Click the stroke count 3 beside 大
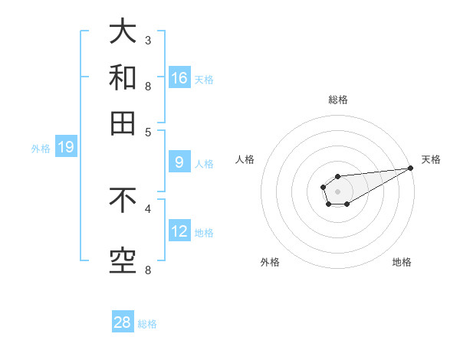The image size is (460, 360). (148, 40)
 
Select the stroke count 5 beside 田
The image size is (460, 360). (148, 131)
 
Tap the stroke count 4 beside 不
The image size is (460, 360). (148, 208)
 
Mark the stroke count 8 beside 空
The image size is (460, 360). (148, 270)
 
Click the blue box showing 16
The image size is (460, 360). (179, 77)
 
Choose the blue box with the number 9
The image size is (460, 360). (179, 162)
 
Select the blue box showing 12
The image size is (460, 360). (179, 231)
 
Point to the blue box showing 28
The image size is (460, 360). (123, 322)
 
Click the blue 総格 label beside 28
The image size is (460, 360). (147, 324)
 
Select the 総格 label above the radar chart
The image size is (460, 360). (337, 100)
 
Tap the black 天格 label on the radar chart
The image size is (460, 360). (431, 159)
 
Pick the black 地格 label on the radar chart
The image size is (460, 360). (402, 263)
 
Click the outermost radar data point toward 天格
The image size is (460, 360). (410, 168)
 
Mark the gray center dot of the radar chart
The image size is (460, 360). (337, 191)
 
